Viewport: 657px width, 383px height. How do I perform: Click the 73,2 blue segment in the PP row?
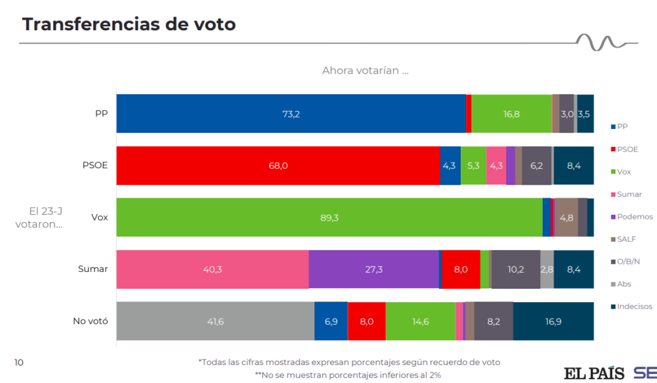(291, 114)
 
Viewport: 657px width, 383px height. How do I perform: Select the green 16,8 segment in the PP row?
(511, 114)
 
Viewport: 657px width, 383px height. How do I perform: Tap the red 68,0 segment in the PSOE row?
(278, 166)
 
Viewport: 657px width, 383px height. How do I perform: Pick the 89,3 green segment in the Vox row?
(329, 217)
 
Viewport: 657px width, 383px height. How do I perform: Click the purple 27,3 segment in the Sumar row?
(373, 269)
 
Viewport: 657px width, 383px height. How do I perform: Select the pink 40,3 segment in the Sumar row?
(212, 269)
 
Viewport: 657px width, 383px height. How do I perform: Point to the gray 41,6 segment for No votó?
(215, 321)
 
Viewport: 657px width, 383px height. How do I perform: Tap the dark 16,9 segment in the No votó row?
(553, 321)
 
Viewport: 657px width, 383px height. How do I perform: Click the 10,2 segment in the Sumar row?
(515, 269)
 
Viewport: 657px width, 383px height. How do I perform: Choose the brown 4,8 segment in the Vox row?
(566, 217)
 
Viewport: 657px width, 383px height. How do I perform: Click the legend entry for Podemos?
(634, 217)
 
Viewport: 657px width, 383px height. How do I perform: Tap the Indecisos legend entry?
(634, 306)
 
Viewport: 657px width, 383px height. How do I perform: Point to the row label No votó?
(91, 321)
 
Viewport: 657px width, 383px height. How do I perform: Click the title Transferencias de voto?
(129, 24)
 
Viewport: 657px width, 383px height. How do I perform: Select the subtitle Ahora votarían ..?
(365, 71)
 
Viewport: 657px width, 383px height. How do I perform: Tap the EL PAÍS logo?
(593, 373)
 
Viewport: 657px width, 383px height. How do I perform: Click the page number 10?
(19, 362)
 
